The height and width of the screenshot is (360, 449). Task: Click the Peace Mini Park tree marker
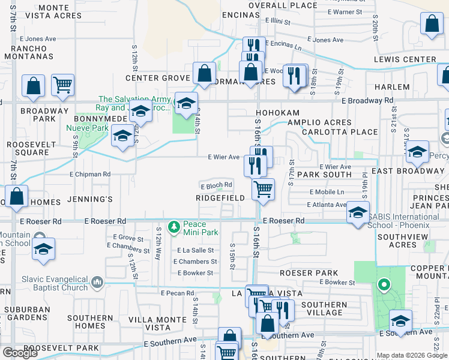point(174,227)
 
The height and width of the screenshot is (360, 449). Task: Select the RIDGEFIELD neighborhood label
point(220,198)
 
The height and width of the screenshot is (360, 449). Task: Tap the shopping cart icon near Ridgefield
point(263,190)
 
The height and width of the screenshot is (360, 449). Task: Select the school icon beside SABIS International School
point(358,214)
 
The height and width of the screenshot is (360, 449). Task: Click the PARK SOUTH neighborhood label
point(324,175)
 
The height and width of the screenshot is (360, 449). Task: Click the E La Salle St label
point(196,250)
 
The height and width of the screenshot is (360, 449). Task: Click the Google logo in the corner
point(20,353)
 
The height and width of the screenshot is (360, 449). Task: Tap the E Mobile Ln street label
point(327,192)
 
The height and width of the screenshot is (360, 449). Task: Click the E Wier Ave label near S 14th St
point(224,157)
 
